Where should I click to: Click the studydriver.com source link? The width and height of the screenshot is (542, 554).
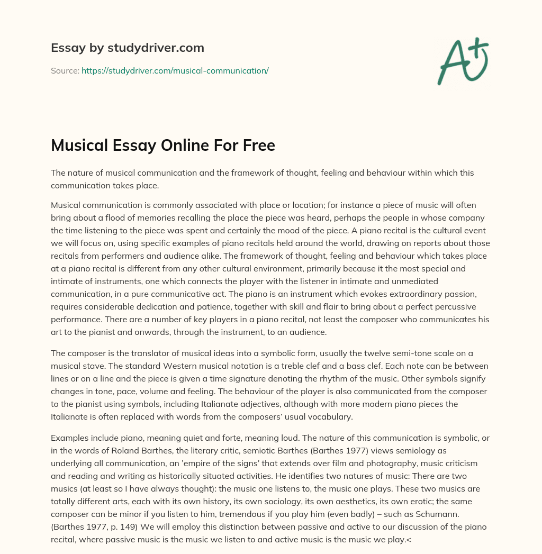click(175, 70)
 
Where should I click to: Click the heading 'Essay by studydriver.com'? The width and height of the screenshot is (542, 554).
click(128, 48)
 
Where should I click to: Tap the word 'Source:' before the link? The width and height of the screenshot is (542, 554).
click(65, 70)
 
